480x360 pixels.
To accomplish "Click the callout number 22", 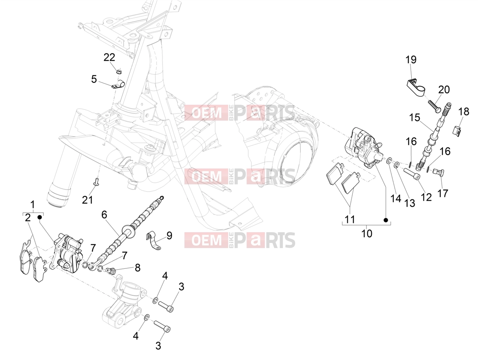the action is tap(109, 57).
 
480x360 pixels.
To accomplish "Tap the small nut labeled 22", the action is tap(119, 71).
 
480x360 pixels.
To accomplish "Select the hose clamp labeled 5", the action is tap(118, 85).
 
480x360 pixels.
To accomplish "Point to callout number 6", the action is tap(104, 215).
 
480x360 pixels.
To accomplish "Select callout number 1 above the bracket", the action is tap(33, 205).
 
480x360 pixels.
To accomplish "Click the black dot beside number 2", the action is tap(39, 217).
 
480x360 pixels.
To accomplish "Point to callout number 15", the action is tap(415, 117).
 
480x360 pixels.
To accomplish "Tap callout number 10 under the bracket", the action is tap(367, 234).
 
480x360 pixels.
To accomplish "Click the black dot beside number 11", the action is tap(386, 220).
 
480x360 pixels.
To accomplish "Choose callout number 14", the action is tap(396, 198).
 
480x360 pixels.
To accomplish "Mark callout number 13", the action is tap(409, 203).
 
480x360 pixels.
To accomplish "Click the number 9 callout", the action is tap(169, 235).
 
